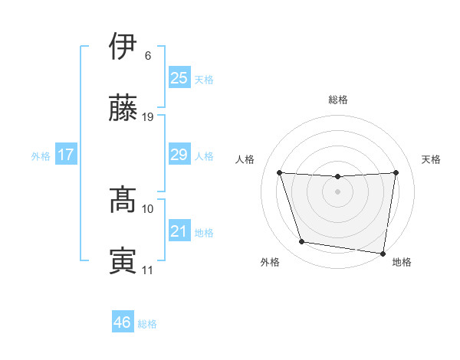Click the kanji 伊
point(123,46)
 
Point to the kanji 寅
point(123,260)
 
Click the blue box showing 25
point(179,78)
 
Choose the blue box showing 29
point(179,155)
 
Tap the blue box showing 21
point(179,232)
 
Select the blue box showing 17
point(66,155)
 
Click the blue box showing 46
point(123,322)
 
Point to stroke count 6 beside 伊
point(148,56)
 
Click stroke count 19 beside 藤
point(148,117)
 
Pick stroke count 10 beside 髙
point(148,208)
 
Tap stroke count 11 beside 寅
point(148,270)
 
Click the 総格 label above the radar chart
point(338,100)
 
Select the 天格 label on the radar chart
point(432,159)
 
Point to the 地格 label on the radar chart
point(402,262)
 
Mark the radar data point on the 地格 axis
point(383,253)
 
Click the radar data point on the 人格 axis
point(279,172)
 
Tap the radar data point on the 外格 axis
point(302,242)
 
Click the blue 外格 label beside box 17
point(41,156)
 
